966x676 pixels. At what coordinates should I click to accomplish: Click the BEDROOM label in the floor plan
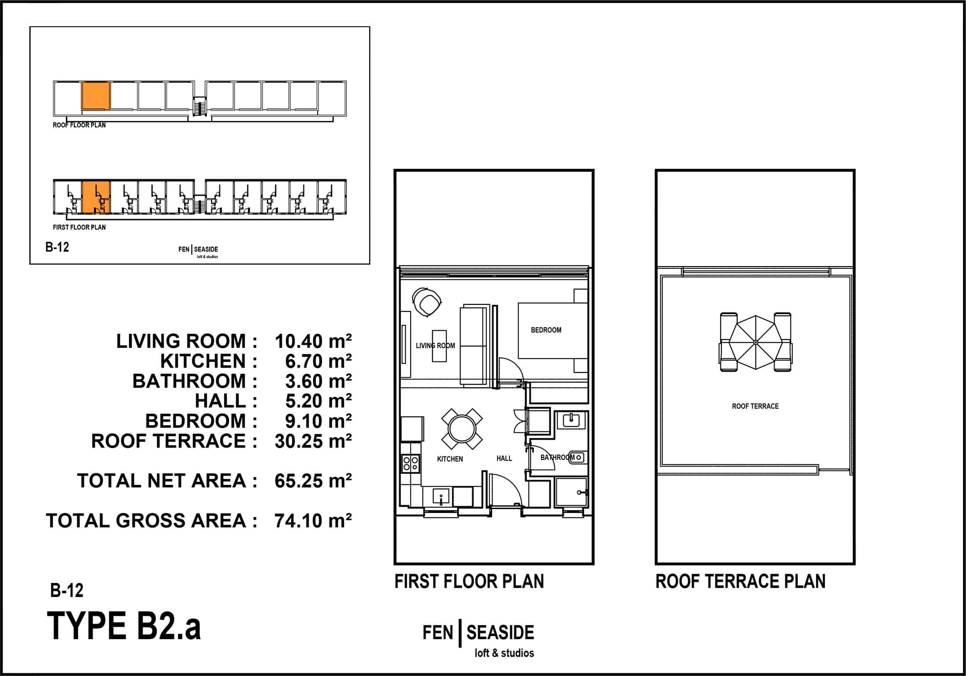pyautogui.click(x=546, y=330)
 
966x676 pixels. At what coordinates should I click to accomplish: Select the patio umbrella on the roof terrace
pyautogui.click(x=755, y=342)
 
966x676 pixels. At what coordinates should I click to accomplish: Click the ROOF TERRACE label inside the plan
pyautogui.click(x=755, y=406)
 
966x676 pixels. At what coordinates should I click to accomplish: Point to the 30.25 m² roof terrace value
pyautogui.click(x=313, y=441)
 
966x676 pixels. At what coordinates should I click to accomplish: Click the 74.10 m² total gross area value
pyautogui.click(x=313, y=521)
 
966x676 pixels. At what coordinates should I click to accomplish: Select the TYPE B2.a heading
pyautogui.click(x=124, y=626)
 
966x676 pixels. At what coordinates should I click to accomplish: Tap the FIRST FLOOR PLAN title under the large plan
pyautogui.click(x=469, y=582)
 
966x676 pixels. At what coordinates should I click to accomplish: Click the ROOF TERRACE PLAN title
pyautogui.click(x=740, y=582)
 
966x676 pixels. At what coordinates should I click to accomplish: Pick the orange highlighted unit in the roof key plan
pyautogui.click(x=95, y=96)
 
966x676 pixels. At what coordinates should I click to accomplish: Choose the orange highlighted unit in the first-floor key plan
pyautogui.click(x=95, y=196)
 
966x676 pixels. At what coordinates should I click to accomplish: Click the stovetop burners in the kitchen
pyautogui.click(x=411, y=463)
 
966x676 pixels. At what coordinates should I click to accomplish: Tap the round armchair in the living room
pyautogui.click(x=427, y=302)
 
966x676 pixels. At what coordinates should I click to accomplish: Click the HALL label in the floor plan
pyautogui.click(x=504, y=458)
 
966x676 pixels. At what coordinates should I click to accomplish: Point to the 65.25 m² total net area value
pyautogui.click(x=313, y=481)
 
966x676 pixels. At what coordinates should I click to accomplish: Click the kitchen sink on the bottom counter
pyautogui.click(x=441, y=497)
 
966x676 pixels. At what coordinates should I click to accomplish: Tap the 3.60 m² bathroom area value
pyautogui.click(x=318, y=381)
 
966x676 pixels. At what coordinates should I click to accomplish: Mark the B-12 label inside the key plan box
pyautogui.click(x=57, y=247)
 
